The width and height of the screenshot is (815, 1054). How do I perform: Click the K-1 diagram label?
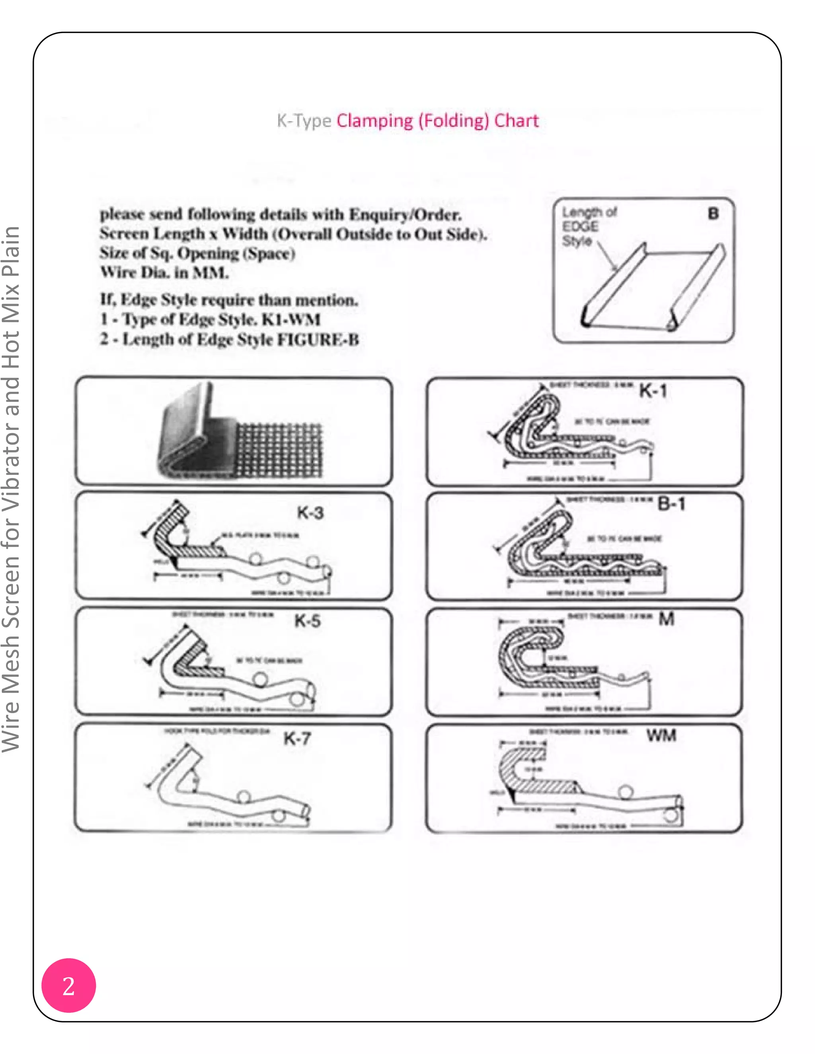653,391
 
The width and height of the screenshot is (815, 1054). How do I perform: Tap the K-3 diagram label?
310,513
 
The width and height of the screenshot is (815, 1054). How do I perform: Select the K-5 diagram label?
308,622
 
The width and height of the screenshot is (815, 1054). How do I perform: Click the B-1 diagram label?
671,504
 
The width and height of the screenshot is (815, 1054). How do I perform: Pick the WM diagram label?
661,735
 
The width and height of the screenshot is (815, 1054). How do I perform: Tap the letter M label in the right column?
666,619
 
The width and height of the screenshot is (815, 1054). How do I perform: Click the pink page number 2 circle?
68,986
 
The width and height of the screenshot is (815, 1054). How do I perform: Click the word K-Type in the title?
304,120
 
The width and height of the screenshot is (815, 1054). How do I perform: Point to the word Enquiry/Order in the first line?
405,214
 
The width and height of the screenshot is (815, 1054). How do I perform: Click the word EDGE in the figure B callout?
580,226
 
